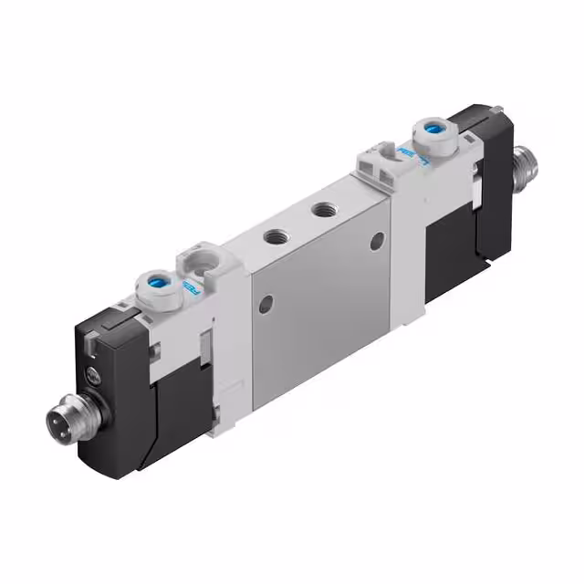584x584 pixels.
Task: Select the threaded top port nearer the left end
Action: coord(274,235)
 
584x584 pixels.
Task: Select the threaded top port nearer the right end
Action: coord(321,210)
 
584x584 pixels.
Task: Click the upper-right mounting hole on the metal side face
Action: coord(376,241)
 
